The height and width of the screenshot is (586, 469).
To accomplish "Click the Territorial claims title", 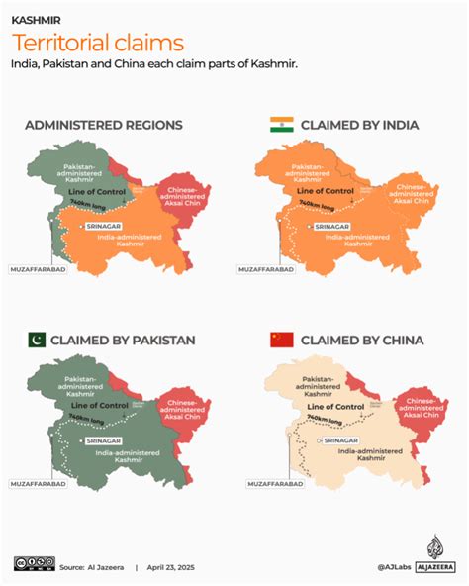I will pos(97,42).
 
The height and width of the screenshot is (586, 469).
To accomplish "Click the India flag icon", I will pos(282,125).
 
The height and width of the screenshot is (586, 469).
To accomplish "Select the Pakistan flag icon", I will pos(38,340).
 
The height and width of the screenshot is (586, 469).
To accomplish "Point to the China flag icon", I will pos(282,340).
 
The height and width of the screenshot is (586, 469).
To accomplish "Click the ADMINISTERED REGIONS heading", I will pos(104,125).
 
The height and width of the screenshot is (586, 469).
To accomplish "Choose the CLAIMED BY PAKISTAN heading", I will pos(125,340).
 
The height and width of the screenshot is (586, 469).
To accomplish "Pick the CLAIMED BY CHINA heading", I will pos(362,340).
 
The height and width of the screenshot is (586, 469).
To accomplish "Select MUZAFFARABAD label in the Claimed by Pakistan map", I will pos(39,484).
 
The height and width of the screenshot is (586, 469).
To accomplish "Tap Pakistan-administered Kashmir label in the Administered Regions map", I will pos(82,172).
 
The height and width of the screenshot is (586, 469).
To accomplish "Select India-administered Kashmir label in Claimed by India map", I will pos(351,238).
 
